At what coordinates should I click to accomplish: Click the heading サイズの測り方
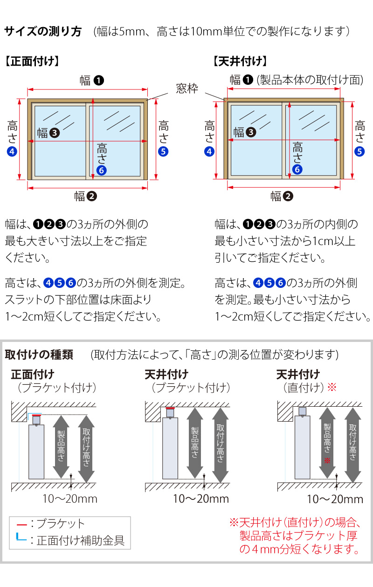tap(43, 32)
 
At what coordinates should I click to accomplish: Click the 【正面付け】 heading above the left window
tap(31, 61)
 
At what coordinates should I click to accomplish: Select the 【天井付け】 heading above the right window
tap(240, 61)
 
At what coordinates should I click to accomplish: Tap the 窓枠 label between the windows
tap(187, 88)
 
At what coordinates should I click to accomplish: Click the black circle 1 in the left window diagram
tap(99, 80)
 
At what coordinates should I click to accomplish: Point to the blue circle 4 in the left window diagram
tap(12, 151)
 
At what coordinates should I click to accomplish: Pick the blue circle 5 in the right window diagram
tap(359, 151)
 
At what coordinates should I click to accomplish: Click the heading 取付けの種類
tap(39, 355)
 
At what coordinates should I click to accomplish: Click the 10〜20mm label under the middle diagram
tap(201, 499)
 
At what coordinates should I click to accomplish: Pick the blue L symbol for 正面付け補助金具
tap(21, 539)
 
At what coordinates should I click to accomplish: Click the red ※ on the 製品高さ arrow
tap(327, 460)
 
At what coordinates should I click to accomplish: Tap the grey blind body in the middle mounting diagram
tap(170, 447)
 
